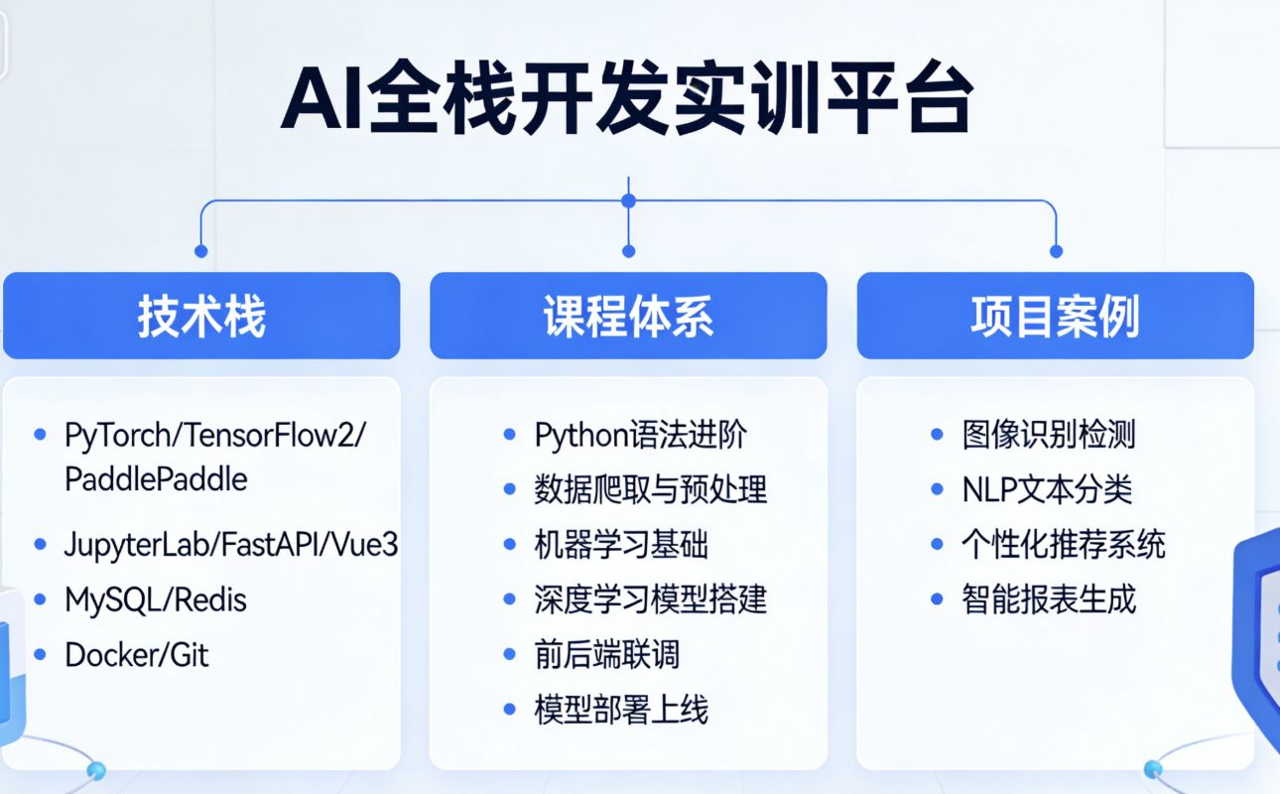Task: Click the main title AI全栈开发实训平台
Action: click(x=627, y=100)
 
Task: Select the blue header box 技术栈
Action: click(x=201, y=316)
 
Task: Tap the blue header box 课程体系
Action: click(x=628, y=316)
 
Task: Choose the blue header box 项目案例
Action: click(x=1055, y=316)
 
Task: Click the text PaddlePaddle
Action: click(x=156, y=479)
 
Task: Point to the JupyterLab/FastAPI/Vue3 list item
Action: click(x=231, y=544)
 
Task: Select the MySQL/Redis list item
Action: click(x=156, y=599)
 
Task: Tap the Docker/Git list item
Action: click(x=137, y=655)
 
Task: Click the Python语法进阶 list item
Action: click(x=640, y=435)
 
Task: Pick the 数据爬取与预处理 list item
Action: click(x=650, y=489)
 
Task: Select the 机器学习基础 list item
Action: click(x=621, y=545)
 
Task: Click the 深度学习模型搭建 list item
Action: click(x=650, y=599)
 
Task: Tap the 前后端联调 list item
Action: click(x=606, y=655)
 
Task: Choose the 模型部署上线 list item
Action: click(x=621, y=710)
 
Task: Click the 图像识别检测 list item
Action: click(x=1049, y=435)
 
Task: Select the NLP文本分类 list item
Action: click(x=1047, y=489)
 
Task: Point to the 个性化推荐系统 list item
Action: click(x=1063, y=545)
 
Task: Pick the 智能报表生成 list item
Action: click(x=1049, y=599)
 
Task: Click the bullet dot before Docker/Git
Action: click(x=40, y=655)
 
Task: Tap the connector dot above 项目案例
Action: click(x=1056, y=251)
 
